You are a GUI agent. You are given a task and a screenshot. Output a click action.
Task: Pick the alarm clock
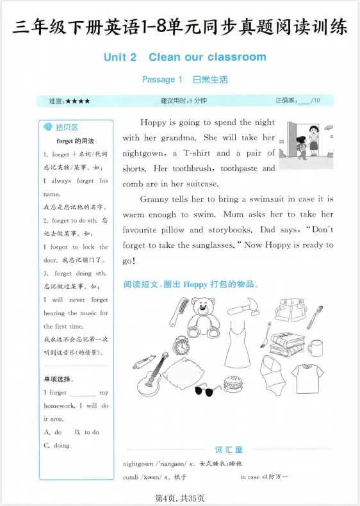click(181, 346)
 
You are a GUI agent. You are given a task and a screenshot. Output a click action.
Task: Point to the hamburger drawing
click(233, 384)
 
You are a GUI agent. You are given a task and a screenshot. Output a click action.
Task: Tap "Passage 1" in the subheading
click(162, 80)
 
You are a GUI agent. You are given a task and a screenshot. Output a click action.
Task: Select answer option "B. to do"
click(86, 432)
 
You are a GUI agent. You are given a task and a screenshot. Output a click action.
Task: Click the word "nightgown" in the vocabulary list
click(138, 464)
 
